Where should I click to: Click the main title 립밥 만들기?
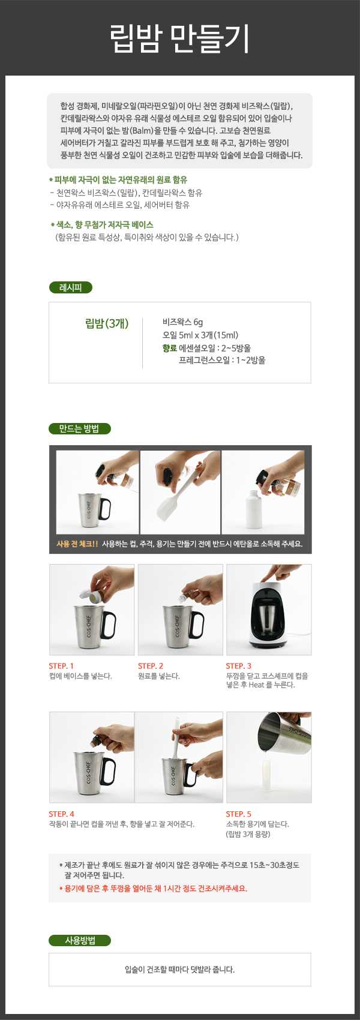pyautogui.click(x=180, y=38)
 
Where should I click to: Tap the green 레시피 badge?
pyautogui.click(x=71, y=287)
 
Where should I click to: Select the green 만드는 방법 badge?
pyautogui.click(x=80, y=428)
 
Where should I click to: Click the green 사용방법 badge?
pyautogui.click(x=80, y=940)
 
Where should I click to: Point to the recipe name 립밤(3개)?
pyautogui.click(x=107, y=324)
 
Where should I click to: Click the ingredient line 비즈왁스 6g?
pyautogui.click(x=182, y=322)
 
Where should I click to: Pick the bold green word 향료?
pyautogui.click(x=169, y=348)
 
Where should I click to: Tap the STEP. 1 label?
pyautogui.click(x=61, y=666)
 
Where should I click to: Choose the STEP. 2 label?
pyautogui.click(x=151, y=666)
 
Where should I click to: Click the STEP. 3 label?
pyautogui.click(x=238, y=666)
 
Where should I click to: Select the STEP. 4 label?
pyautogui.click(x=61, y=814)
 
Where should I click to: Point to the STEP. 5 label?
pyautogui.click(x=238, y=814)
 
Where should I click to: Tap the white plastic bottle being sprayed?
pyautogui.click(x=254, y=511)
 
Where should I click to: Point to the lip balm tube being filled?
pyautogui.click(x=265, y=779)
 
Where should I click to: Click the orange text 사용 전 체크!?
pyautogui.click(x=77, y=544)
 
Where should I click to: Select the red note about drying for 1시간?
pyautogui.click(x=154, y=888)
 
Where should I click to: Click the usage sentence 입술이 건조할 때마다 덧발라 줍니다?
pyautogui.click(x=180, y=970)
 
